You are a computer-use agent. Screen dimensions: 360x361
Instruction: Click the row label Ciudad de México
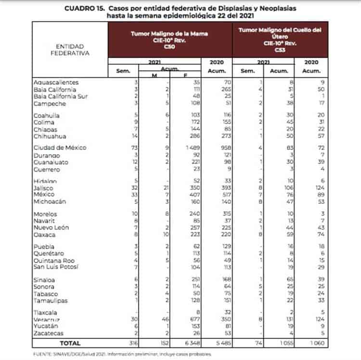pos(60,147)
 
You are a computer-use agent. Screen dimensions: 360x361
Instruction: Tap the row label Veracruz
pos(49,320)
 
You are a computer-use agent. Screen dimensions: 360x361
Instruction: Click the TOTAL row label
pos(70,343)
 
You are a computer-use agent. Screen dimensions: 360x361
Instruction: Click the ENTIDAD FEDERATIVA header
pos(70,50)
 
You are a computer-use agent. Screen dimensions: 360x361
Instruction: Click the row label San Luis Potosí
pos(56,267)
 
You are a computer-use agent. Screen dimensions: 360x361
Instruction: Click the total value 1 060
pos(313,343)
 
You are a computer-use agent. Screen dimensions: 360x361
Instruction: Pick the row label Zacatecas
pos(50,333)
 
